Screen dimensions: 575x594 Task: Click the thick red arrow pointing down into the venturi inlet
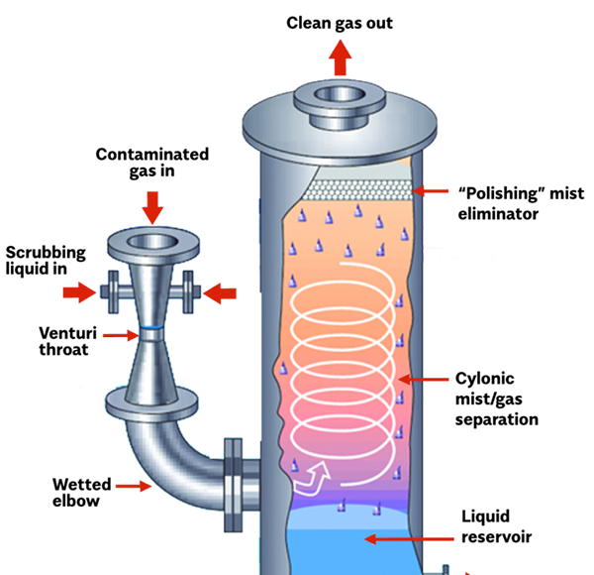pos(151,207)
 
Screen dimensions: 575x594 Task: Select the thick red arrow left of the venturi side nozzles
pos(79,292)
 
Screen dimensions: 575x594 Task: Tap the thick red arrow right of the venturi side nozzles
pos(221,292)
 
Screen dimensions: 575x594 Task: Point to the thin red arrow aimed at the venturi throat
pos(121,336)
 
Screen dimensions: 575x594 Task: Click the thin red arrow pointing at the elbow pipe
pos(133,486)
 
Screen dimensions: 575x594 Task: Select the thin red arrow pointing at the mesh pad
pos(431,190)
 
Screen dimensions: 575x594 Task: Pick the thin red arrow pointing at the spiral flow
pos(423,380)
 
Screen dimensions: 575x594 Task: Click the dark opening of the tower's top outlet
pos(340,96)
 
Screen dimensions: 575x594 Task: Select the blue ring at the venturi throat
pos(151,327)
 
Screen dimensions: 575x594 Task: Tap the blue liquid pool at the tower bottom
pos(346,540)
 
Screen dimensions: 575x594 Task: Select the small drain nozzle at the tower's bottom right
pos(445,569)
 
